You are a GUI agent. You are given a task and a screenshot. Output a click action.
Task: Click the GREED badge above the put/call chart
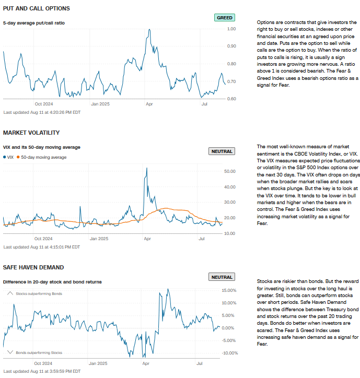click(224, 18)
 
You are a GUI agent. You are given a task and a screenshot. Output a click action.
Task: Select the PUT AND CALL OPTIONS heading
click(37, 9)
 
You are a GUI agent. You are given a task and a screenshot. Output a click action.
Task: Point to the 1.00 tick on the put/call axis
click(231, 29)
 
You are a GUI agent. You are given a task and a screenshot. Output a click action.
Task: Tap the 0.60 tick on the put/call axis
click(231, 99)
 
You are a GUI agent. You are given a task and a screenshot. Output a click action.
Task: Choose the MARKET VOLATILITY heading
click(31, 133)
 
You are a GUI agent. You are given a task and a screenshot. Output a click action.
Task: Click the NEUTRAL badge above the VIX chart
click(222, 151)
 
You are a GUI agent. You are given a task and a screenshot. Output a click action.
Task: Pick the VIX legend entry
click(9, 157)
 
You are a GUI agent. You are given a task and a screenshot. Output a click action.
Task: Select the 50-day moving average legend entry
click(43, 157)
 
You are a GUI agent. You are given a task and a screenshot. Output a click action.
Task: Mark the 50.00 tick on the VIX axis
click(230, 171)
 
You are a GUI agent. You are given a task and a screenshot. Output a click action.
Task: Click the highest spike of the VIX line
click(147, 168)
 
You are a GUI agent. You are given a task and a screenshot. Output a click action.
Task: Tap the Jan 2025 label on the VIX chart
click(98, 238)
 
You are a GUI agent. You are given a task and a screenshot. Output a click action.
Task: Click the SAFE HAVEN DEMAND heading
click(33, 267)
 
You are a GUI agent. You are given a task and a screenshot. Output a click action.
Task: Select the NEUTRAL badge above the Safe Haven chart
click(222, 277)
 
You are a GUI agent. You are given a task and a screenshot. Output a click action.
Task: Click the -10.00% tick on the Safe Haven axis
click(230, 353)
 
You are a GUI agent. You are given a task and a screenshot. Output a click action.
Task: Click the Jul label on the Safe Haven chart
click(199, 362)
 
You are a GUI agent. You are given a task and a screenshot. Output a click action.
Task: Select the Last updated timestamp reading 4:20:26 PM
click(42, 112)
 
